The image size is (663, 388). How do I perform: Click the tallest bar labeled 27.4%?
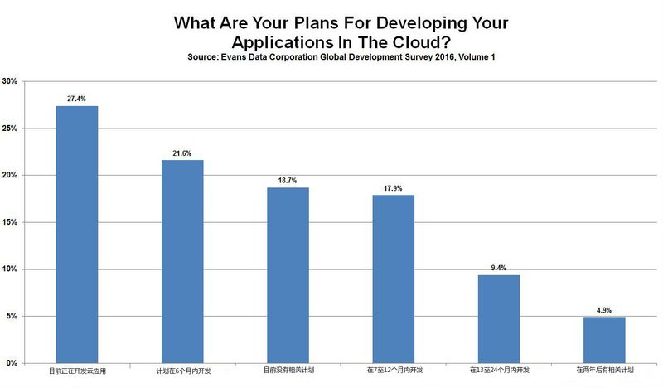click(x=76, y=234)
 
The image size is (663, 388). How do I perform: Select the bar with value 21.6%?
click(x=182, y=261)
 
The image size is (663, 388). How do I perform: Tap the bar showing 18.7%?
click(x=288, y=274)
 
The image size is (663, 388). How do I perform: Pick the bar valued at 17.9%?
click(x=393, y=279)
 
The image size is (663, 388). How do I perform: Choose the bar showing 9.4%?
click(x=498, y=318)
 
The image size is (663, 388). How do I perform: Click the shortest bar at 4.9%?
click(x=604, y=339)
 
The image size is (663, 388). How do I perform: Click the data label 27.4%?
click(x=76, y=99)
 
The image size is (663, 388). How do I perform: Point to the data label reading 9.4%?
click(x=498, y=268)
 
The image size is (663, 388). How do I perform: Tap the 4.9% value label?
click(x=604, y=310)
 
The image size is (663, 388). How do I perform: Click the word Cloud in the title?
click(x=460, y=42)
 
